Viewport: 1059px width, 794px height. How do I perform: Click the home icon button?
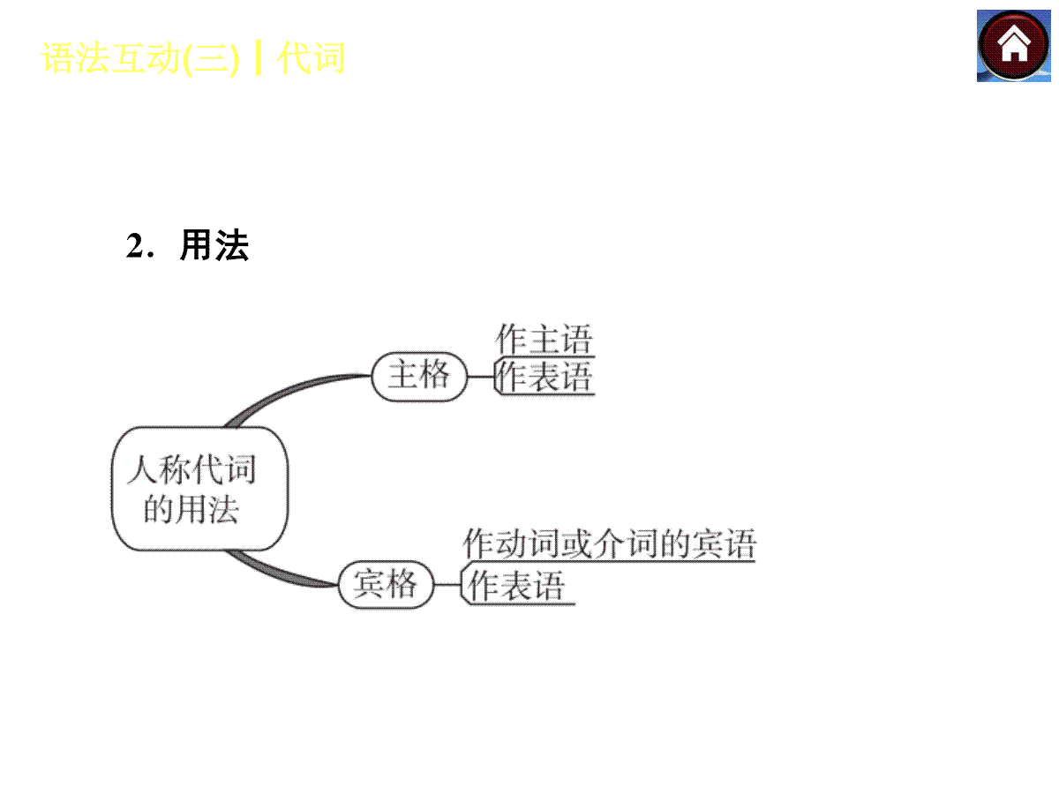[x=1013, y=46]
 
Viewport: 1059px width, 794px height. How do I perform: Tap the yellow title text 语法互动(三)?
[x=140, y=58]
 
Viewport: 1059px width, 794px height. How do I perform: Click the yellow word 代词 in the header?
[x=311, y=58]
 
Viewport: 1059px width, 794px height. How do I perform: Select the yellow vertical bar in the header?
[x=258, y=58]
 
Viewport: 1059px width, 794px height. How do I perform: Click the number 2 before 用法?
[x=134, y=245]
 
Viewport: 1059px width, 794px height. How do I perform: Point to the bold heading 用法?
[x=214, y=245]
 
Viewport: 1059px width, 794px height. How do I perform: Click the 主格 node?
[x=419, y=377]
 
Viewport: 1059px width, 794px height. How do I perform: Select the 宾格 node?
[x=386, y=584]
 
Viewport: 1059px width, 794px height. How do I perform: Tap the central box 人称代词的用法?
[x=199, y=489]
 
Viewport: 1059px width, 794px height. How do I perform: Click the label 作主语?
[x=544, y=340]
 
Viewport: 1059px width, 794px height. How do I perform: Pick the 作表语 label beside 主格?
[x=544, y=377]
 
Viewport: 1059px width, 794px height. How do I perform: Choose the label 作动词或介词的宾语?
[x=609, y=543]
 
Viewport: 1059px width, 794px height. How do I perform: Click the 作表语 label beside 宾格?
[x=516, y=585]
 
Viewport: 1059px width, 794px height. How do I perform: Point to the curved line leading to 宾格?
[x=277, y=573]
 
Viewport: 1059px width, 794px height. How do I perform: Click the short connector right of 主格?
[x=481, y=377]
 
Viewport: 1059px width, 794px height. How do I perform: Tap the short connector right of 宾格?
[x=447, y=585]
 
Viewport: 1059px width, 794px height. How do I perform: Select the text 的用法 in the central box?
[x=192, y=509]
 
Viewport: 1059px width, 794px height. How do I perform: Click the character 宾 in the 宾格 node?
[x=369, y=583]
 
